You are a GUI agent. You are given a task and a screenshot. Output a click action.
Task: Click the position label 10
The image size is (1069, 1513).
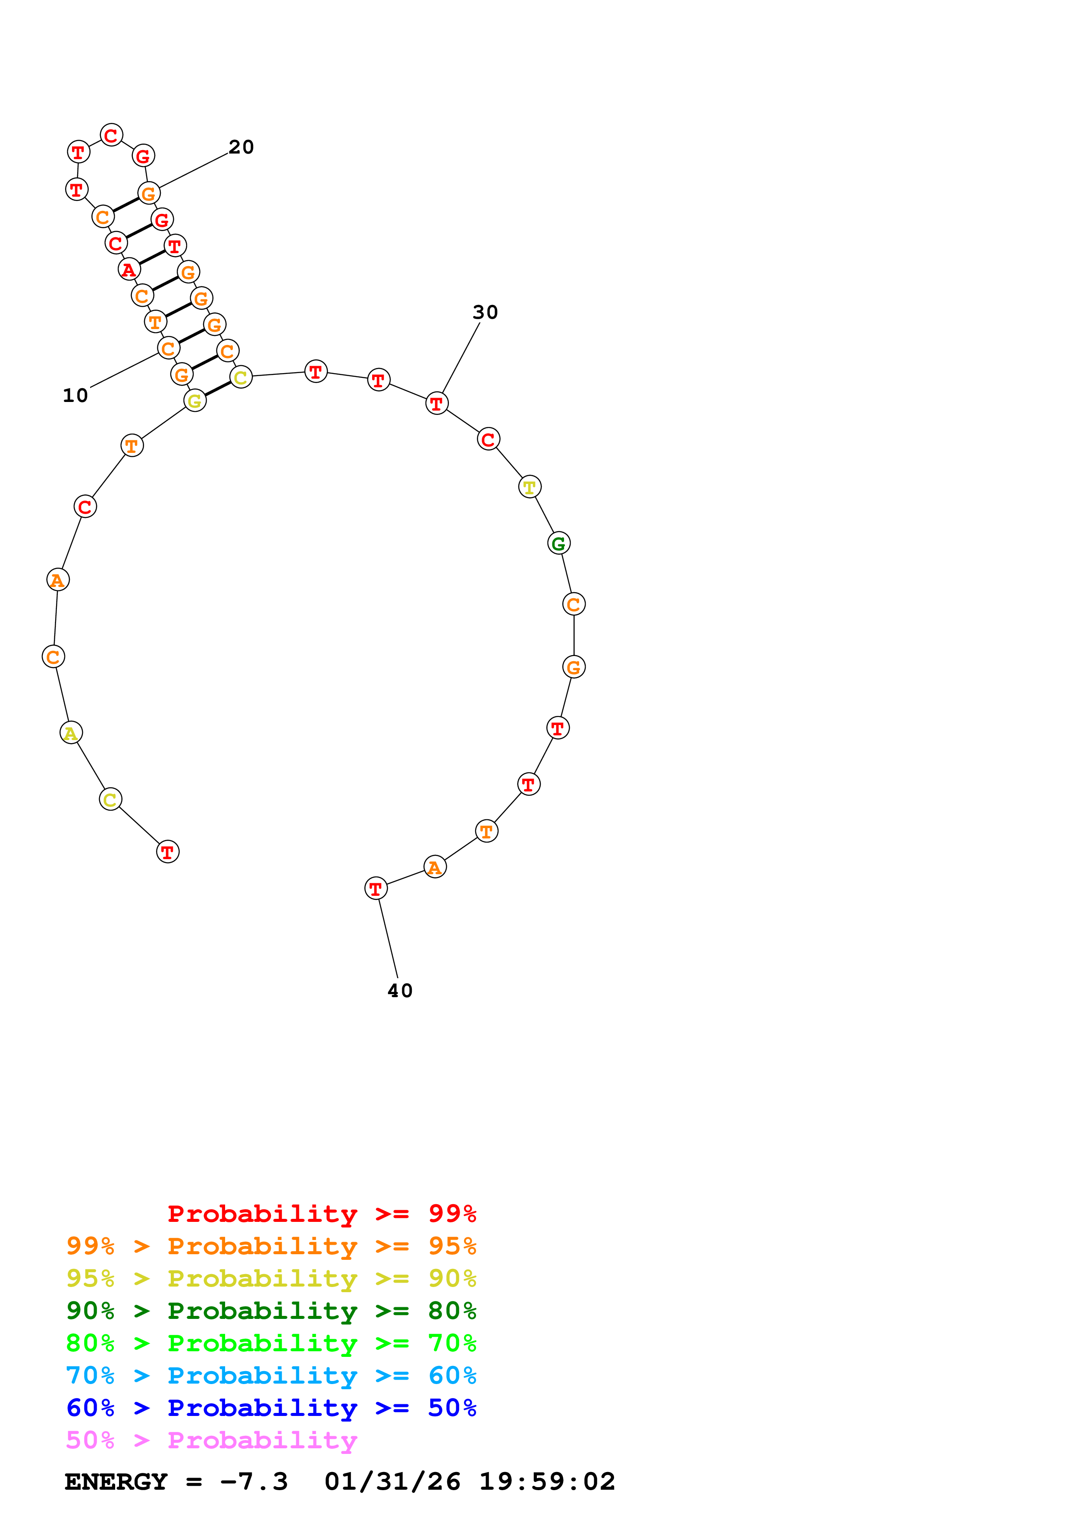click(x=75, y=396)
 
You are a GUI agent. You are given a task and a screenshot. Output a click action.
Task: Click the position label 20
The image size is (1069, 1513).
click(x=241, y=147)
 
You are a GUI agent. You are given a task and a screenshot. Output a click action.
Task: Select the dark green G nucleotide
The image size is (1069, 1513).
click(x=558, y=543)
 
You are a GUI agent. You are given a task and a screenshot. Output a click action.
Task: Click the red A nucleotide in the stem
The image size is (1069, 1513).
click(x=129, y=270)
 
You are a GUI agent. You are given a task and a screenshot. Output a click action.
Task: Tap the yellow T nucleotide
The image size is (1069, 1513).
click(x=530, y=488)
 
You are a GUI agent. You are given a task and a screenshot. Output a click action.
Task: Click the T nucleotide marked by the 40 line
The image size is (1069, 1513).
click(x=376, y=889)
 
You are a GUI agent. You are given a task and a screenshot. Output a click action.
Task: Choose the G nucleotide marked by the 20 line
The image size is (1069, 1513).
click(x=149, y=194)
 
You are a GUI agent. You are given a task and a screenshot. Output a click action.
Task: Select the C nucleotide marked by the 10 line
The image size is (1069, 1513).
click(x=169, y=348)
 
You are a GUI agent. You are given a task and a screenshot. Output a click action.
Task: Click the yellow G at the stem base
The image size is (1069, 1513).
click(x=195, y=401)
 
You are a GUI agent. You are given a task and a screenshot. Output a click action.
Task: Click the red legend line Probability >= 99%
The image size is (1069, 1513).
click(x=321, y=1214)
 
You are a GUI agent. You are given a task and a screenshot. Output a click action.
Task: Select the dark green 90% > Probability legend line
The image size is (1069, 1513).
click(x=271, y=1311)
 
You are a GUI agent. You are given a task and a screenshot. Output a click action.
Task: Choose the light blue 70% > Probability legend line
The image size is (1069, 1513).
click(x=271, y=1375)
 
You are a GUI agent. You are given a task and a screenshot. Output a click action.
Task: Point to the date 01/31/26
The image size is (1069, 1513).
click(x=392, y=1482)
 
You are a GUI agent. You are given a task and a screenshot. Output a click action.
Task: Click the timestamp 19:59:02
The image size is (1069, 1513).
click(x=547, y=1482)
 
